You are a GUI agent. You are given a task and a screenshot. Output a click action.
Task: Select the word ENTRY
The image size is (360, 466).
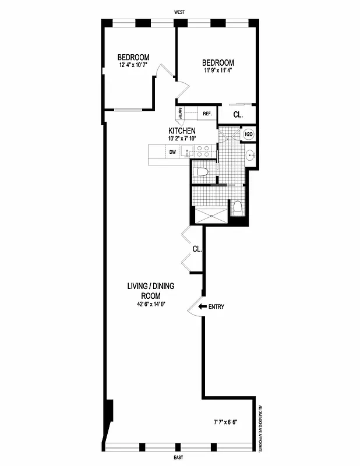pos(216,306)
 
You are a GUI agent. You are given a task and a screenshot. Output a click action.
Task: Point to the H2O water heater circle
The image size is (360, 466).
pos(248,135)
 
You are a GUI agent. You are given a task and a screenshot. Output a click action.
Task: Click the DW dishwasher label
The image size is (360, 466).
pos(172,152)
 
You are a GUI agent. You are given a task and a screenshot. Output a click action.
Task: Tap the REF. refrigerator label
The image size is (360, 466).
pos(207,114)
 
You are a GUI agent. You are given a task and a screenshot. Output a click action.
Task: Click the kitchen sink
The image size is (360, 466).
pos(186,152)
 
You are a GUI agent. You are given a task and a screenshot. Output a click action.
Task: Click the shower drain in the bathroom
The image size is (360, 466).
pos(212,214)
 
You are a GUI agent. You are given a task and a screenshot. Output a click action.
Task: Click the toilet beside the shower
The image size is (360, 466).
pos(238,208)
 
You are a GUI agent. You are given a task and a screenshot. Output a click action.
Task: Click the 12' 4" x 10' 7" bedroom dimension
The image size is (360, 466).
pos(133,65)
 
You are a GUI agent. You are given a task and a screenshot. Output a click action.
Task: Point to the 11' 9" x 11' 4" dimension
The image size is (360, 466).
pos(218,71)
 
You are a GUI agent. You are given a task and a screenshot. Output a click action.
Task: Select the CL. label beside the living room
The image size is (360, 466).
pos(197,249)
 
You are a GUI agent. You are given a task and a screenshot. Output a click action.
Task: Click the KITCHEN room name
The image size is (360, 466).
pos(182,130)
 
